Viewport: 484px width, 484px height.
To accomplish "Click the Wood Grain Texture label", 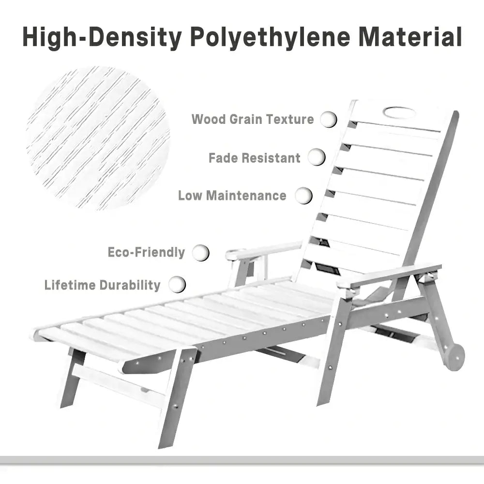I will point(253,119).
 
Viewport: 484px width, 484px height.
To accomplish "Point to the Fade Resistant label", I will point(255,158).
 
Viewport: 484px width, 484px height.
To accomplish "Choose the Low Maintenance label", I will point(232,196).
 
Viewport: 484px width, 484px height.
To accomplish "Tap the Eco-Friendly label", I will point(146,252).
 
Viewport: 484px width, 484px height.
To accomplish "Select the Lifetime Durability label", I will point(102,285).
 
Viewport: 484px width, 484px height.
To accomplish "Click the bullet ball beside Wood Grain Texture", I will point(329,119).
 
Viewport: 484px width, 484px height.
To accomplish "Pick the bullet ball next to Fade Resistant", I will point(317,157).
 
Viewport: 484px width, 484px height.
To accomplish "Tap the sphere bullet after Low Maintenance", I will point(304,196).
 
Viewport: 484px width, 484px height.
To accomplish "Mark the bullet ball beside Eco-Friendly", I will point(201,252).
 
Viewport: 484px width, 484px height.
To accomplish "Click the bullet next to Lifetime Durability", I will point(177,284).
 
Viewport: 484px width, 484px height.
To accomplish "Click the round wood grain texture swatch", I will point(99,138).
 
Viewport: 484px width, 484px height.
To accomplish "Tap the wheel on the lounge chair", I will point(454,357).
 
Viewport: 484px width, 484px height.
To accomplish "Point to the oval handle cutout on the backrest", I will point(399,112).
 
